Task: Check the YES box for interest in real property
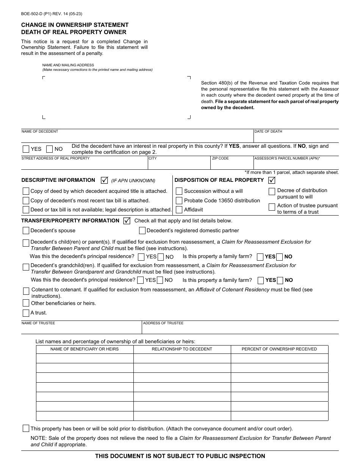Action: click(26, 149)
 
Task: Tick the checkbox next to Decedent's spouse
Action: click(26, 230)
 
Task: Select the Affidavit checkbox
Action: click(179, 210)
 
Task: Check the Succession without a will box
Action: click(179, 191)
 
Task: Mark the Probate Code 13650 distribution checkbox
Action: click(179, 200)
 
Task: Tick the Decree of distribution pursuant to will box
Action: click(272, 192)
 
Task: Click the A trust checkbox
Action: click(26, 313)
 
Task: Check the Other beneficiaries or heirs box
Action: click(26, 303)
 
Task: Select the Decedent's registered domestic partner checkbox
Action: click(142, 230)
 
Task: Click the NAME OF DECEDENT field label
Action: click(40, 131)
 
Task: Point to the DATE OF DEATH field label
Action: click(268, 131)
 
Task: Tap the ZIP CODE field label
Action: click(220, 158)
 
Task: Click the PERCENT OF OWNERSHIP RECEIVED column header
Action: click(279, 349)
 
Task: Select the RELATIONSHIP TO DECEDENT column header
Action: click(182, 349)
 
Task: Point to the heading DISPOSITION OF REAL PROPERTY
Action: click(219, 180)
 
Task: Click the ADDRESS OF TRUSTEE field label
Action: click(163, 323)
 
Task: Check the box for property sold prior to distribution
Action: click(26, 428)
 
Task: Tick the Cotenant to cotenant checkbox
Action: click(26, 291)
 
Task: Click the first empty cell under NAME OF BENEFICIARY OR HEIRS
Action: click(85, 358)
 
